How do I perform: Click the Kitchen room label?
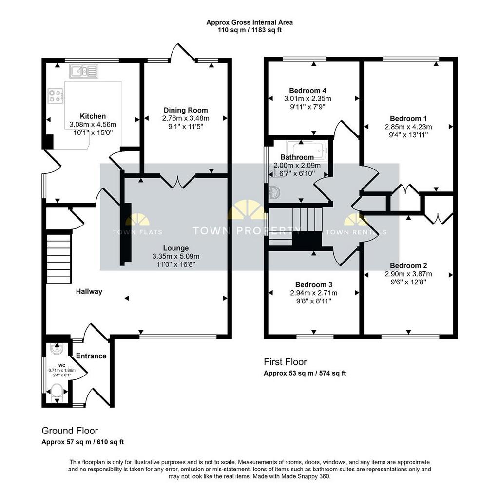click(93, 116)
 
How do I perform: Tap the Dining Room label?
click(186, 110)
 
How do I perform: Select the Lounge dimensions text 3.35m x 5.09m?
click(176, 256)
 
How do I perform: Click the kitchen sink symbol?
click(84, 71)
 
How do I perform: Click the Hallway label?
click(89, 291)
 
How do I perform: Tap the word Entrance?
click(91, 356)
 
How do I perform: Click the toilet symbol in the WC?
click(57, 391)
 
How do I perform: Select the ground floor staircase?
click(59, 259)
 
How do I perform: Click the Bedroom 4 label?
click(307, 91)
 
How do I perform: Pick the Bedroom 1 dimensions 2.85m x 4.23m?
click(408, 127)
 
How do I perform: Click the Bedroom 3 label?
click(314, 285)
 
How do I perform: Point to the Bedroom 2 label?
click(408, 265)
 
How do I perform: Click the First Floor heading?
click(285, 362)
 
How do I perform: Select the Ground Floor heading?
click(70, 431)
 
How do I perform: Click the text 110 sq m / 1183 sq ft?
click(249, 30)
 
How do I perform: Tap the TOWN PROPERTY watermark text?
click(247, 230)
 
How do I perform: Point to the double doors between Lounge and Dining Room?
click(177, 182)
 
